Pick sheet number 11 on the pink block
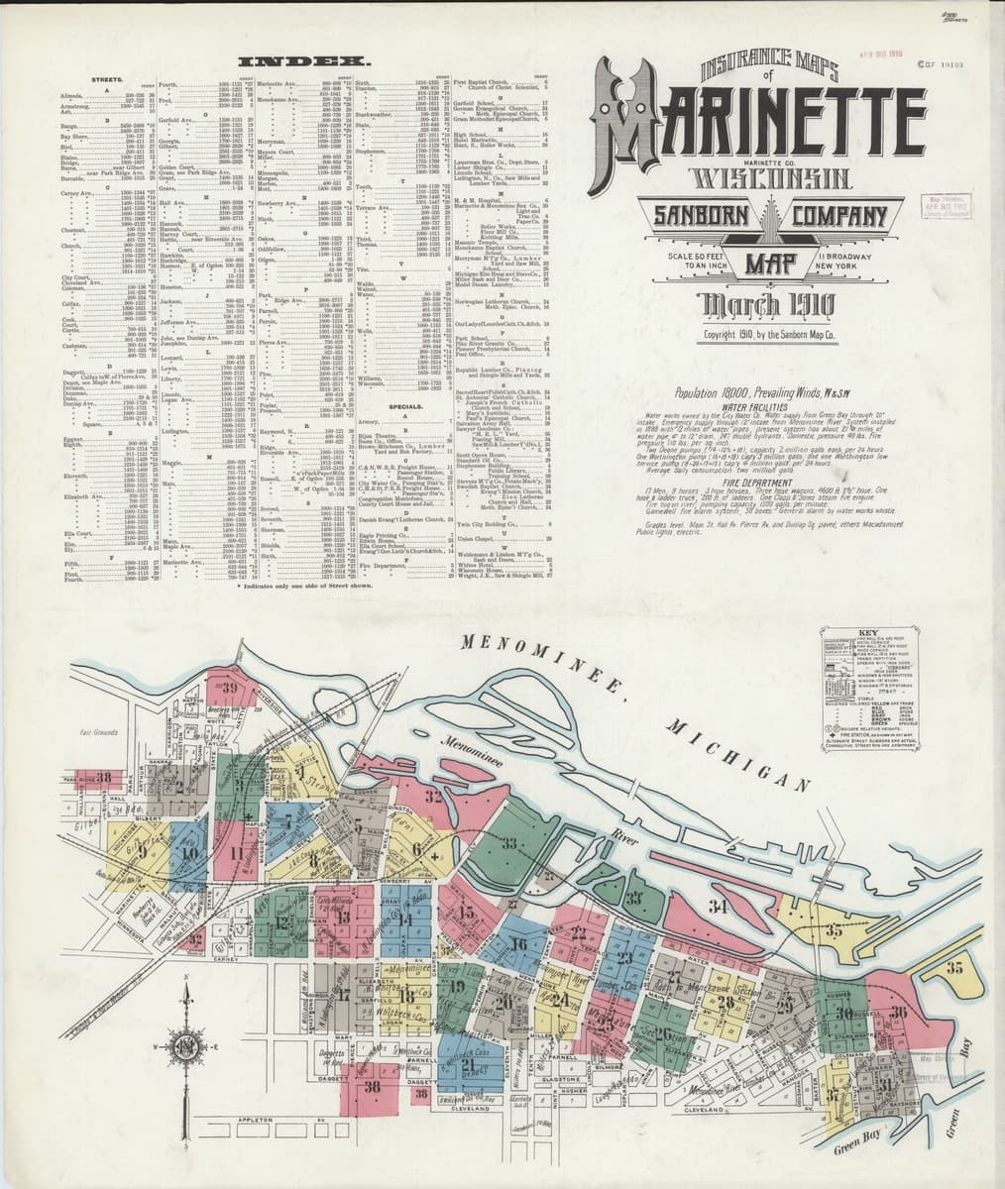coord(236,851)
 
